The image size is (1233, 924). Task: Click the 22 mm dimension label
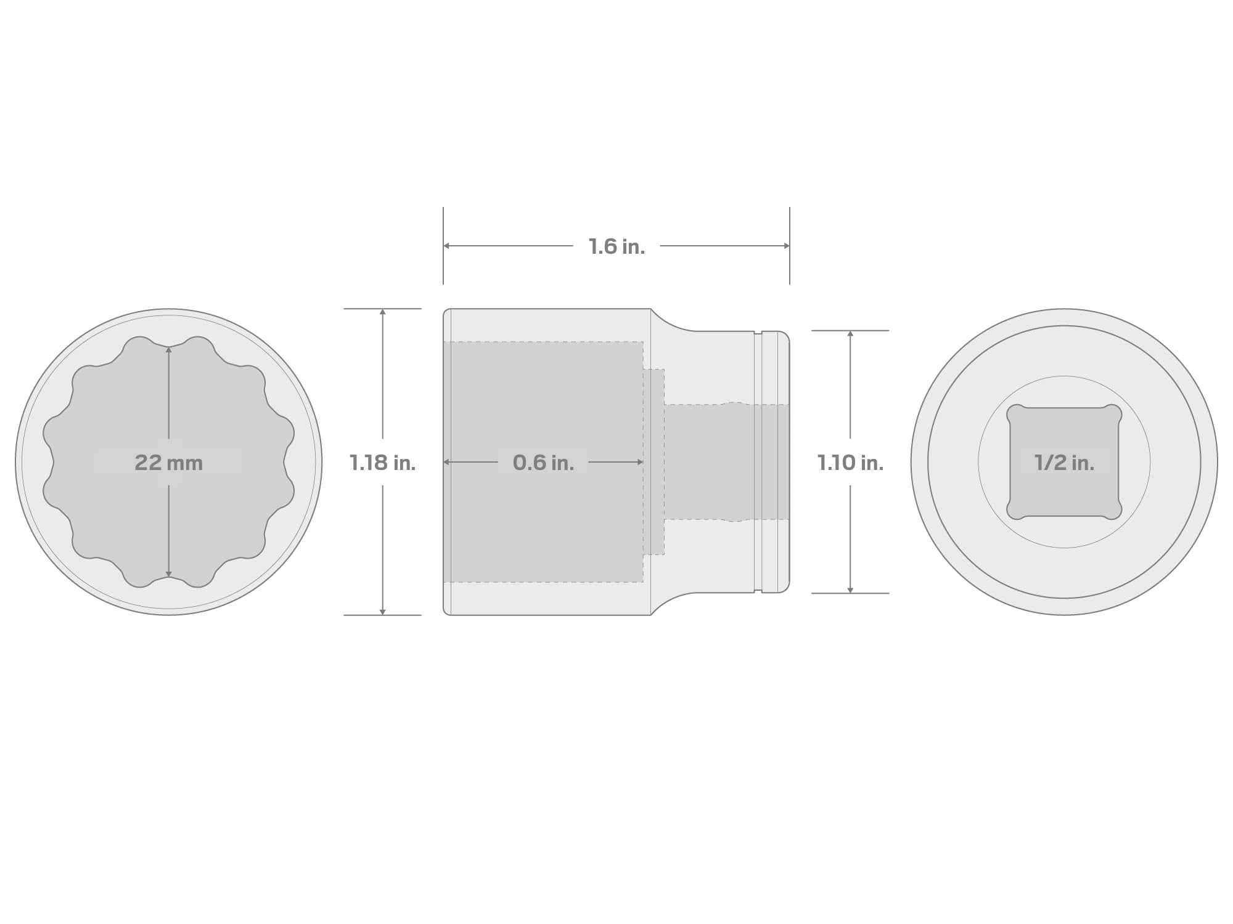168,463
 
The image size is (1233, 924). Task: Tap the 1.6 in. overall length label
616,246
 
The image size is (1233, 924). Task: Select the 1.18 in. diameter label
382,463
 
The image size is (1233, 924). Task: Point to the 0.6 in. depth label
543,463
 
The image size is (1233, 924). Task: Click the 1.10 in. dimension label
850,463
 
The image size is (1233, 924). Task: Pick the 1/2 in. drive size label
1064,463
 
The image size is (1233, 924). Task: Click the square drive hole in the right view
1064,462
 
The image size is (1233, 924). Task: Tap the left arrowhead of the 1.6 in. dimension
446,246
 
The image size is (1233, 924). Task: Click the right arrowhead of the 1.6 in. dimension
787,246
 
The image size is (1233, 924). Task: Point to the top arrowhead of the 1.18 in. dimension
383,312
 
